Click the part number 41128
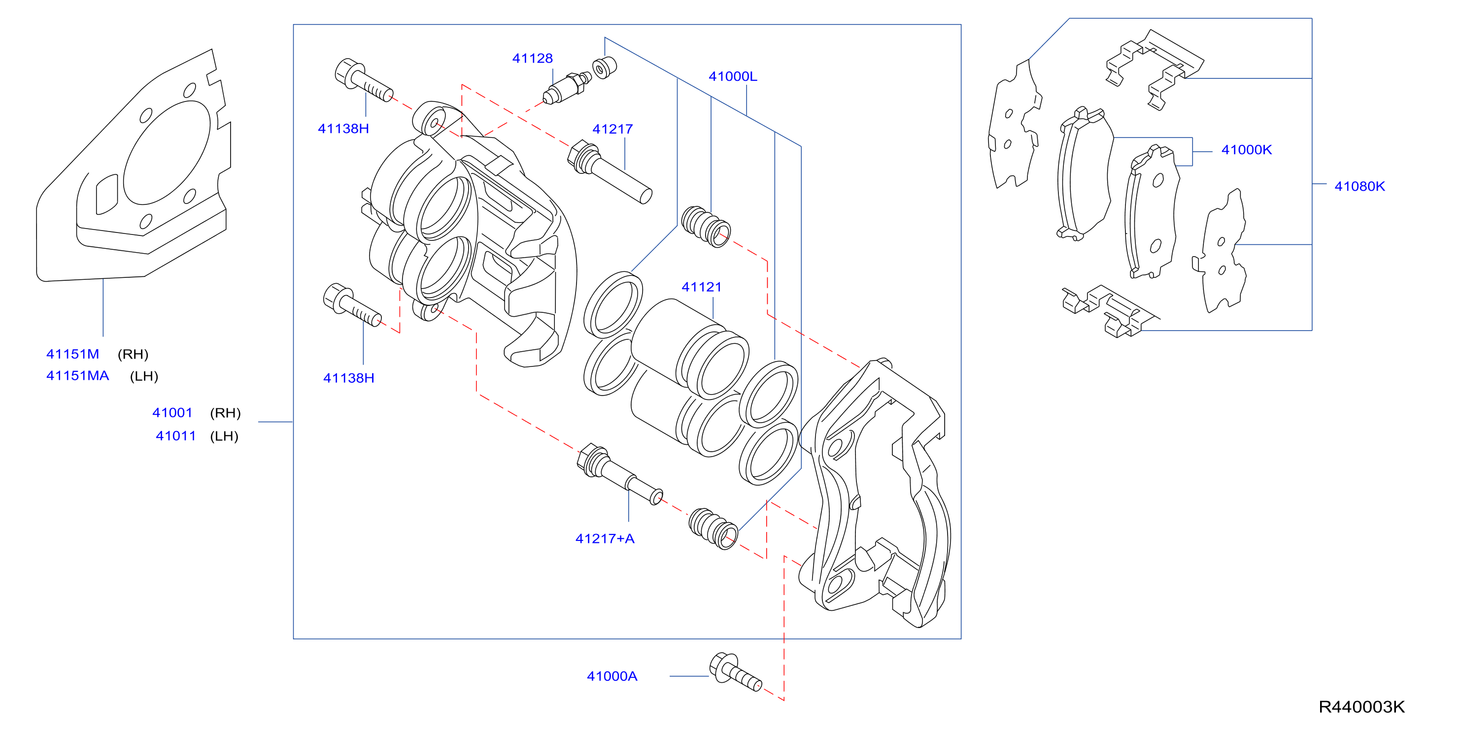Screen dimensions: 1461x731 click(x=532, y=59)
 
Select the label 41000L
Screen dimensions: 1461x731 click(x=733, y=76)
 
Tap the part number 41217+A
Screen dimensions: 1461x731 click(x=605, y=539)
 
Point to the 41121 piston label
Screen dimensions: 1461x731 click(x=702, y=287)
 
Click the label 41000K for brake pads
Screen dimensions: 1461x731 click(x=1246, y=150)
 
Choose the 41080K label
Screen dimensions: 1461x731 click(x=1359, y=186)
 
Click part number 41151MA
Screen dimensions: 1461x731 click(x=77, y=375)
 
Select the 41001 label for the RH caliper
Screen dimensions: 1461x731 click(x=172, y=413)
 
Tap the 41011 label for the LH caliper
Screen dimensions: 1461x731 click(x=176, y=436)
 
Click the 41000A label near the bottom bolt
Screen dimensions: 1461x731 click(x=612, y=676)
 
